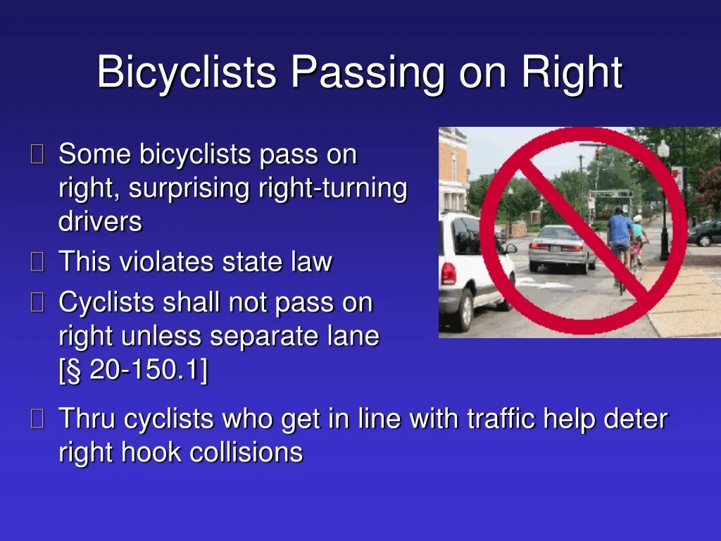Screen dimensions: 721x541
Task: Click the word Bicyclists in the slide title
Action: (186, 72)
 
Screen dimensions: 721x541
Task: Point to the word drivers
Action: (100, 221)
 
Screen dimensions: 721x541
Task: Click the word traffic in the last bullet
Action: (501, 418)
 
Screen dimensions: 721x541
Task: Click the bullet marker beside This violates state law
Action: (37, 261)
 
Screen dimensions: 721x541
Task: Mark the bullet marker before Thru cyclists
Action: (37, 418)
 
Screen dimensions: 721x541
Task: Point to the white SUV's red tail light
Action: (449, 274)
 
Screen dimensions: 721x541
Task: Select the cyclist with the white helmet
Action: (639, 240)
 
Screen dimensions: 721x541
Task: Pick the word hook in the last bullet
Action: (151, 452)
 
